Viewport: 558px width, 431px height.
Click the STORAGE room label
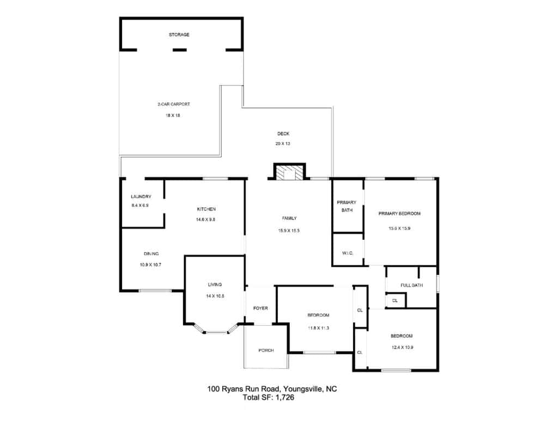click(x=179, y=34)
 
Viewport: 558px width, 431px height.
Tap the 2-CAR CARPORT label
click(x=174, y=104)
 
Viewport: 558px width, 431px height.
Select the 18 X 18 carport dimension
click(x=173, y=116)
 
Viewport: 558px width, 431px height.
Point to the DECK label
click(x=283, y=134)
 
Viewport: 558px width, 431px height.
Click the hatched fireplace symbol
click(x=289, y=172)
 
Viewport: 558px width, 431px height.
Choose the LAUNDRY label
click(x=141, y=197)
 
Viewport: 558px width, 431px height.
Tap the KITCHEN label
click(x=207, y=209)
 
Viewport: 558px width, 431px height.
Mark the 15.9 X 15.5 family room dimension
click(x=289, y=230)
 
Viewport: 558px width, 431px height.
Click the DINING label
click(x=151, y=254)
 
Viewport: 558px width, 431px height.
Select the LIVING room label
click(x=215, y=284)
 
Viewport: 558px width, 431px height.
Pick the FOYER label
click(x=260, y=308)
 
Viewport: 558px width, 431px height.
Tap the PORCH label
click(x=266, y=350)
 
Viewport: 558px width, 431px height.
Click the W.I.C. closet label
click(x=348, y=253)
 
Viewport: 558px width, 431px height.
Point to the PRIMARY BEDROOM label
click(x=399, y=214)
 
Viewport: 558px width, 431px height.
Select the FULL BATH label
click(x=412, y=285)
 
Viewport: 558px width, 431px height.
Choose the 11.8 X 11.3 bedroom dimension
click(x=318, y=328)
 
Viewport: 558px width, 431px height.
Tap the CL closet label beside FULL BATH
click(x=395, y=301)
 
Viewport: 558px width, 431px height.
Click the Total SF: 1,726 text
click(x=269, y=398)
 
